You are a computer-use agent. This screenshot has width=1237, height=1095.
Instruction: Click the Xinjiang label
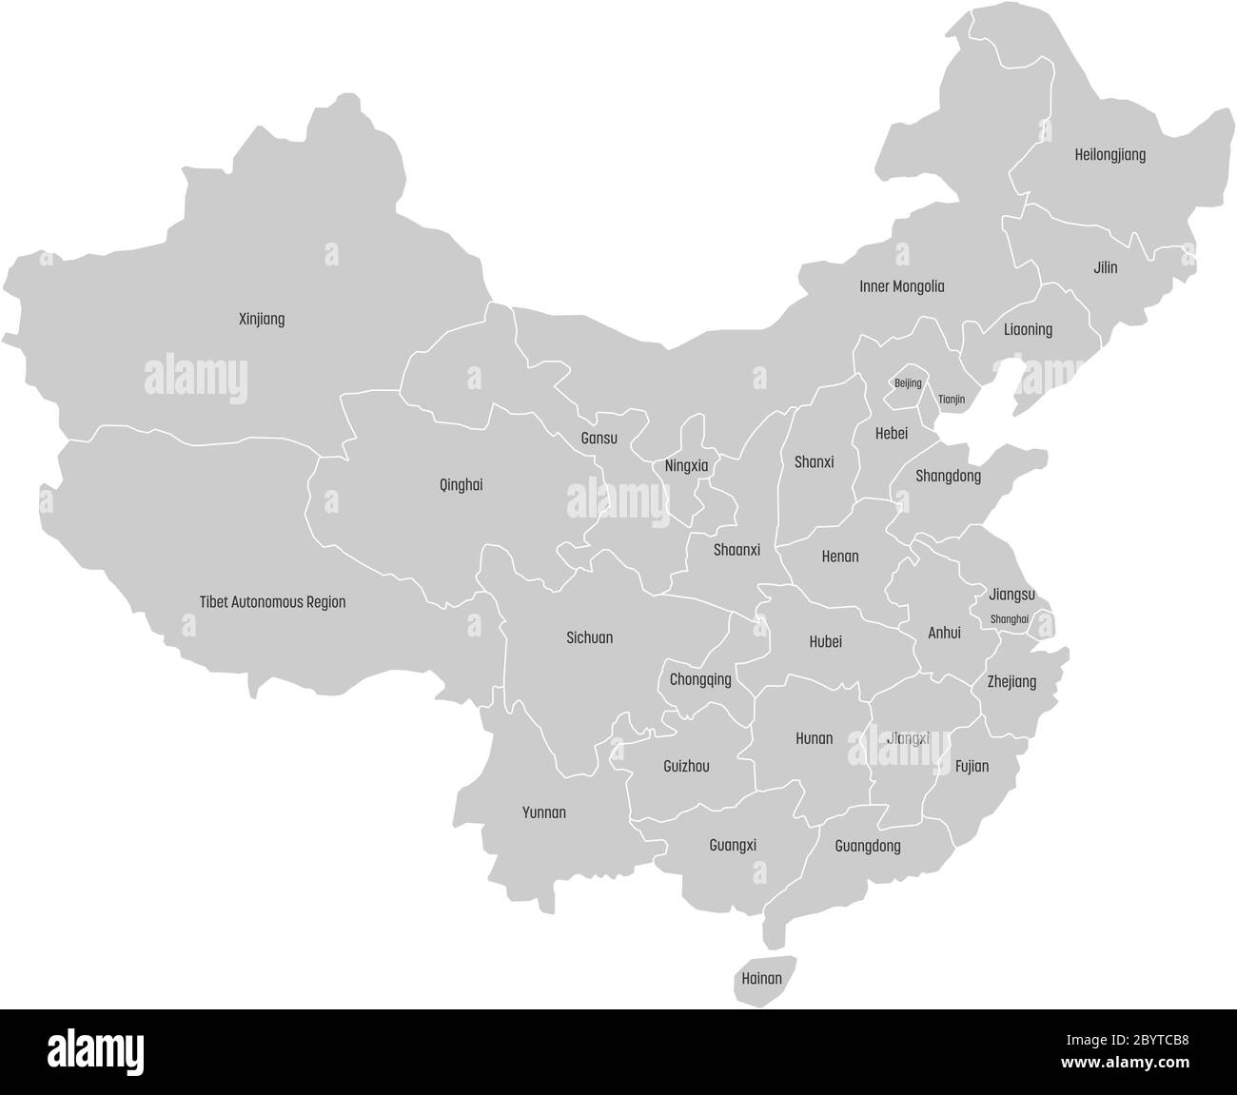(x=262, y=320)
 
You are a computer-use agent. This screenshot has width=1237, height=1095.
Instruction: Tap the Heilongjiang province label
(x=1109, y=154)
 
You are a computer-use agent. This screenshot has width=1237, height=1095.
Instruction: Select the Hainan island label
(x=761, y=978)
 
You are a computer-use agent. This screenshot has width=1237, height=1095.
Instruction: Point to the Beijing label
(x=908, y=383)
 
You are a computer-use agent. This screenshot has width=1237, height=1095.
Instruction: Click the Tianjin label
(x=952, y=400)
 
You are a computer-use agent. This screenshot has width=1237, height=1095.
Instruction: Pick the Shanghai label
(x=1010, y=619)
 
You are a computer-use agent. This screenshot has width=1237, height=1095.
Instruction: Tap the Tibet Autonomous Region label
(x=272, y=602)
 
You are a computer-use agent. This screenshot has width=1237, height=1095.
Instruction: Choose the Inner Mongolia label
(x=901, y=285)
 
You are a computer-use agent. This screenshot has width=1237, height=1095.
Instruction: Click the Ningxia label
(x=686, y=466)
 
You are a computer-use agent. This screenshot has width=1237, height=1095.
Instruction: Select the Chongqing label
(x=700, y=679)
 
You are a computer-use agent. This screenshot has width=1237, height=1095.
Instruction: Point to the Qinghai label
(x=461, y=484)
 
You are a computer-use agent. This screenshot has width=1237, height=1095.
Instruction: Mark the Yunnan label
(x=544, y=812)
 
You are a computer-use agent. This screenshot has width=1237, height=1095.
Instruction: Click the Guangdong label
(x=867, y=846)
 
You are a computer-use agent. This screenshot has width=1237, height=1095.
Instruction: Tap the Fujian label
(x=972, y=766)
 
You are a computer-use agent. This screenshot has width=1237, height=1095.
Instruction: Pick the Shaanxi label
(x=736, y=550)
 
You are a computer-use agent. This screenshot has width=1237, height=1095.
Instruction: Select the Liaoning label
(x=1028, y=330)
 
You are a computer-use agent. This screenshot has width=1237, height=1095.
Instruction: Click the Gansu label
(x=599, y=439)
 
